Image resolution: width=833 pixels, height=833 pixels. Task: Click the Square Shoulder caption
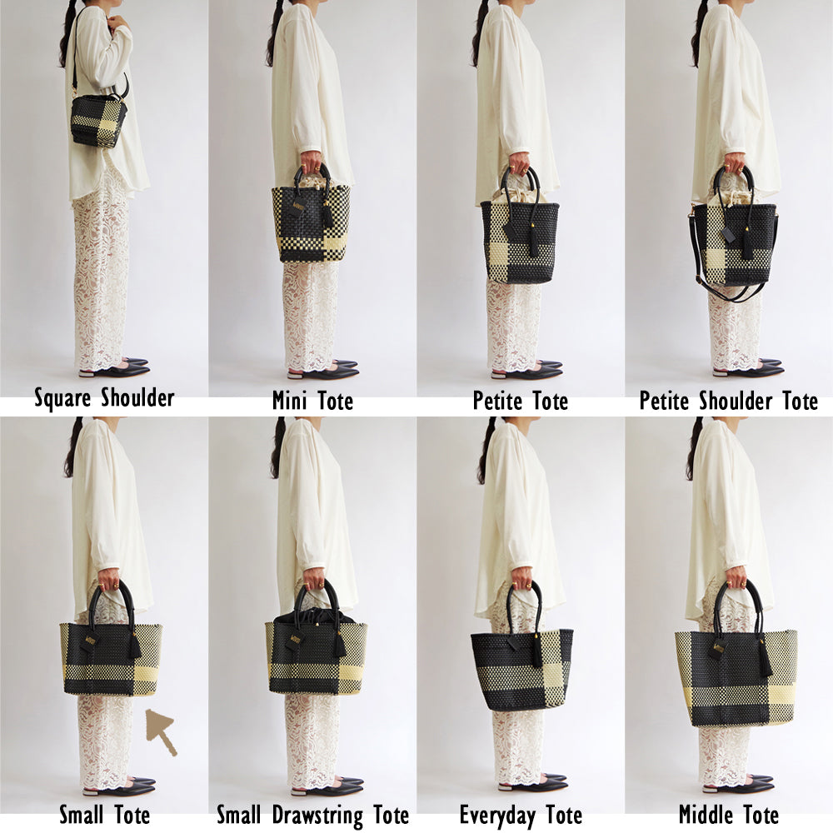(x=104, y=398)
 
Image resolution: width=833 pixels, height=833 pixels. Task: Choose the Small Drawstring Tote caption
(x=313, y=815)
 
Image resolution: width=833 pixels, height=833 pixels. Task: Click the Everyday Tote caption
(x=521, y=816)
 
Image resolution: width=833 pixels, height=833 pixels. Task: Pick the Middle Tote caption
(x=728, y=815)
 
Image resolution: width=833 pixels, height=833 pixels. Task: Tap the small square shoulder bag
(x=99, y=122)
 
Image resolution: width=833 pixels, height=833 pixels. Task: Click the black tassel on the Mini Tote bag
(x=327, y=216)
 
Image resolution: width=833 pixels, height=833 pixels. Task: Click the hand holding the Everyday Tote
(x=522, y=576)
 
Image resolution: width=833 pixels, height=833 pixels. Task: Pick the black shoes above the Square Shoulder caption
(x=113, y=368)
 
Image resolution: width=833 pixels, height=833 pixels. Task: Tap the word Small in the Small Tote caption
(x=81, y=815)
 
